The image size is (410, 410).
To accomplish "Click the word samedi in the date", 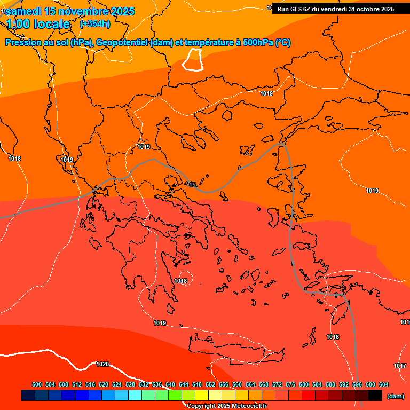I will point(26,11).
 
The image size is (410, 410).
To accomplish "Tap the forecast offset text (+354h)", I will point(95,24).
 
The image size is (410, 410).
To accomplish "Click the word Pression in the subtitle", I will point(25,43).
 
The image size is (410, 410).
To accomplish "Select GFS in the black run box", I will point(296,9).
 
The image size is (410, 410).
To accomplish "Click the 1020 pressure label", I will point(102,365).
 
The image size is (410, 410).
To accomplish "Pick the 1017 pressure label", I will point(400,366).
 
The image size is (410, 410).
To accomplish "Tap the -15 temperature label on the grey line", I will point(192,185).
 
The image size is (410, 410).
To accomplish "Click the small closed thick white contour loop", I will point(193,59).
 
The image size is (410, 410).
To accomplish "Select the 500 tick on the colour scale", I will point(37,384).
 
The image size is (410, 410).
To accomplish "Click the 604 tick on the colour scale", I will point(384,384).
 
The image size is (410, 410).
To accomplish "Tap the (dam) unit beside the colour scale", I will point(396,396).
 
